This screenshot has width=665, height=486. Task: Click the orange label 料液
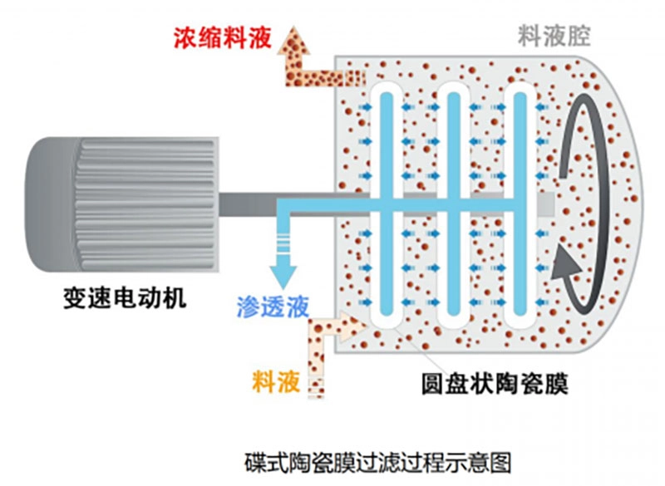click(273, 383)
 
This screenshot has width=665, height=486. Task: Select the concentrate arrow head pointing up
click(293, 38)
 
